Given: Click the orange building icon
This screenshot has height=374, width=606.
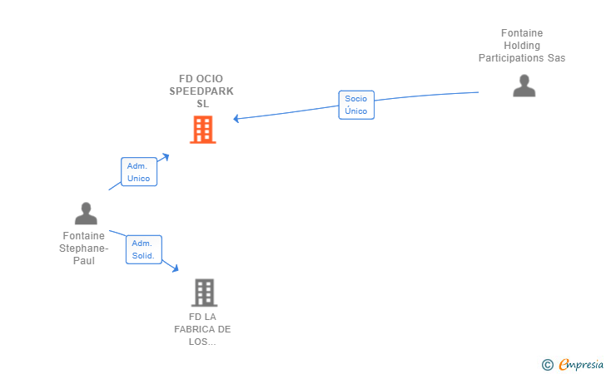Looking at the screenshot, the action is [x=203, y=130].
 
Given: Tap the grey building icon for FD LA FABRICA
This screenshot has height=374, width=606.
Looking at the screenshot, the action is [x=204, y=293].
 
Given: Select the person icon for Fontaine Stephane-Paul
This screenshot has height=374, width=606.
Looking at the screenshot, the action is [x=86, y=214].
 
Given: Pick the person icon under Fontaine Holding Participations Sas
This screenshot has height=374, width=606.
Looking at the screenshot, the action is [x=524, y=86].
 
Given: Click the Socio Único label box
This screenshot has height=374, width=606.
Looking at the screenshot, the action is [x=356, y=105].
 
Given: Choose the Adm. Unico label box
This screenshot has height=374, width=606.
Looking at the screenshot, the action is [x=139, y=172].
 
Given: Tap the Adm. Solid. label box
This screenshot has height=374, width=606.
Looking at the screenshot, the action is [x=144, y=249].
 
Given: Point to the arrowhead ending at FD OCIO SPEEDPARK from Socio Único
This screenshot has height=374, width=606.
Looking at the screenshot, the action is [x=236, y=119].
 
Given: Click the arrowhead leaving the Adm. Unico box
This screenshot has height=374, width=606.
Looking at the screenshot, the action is [x=166, y=157].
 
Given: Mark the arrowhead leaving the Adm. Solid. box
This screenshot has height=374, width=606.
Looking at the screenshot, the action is [x=175, y=268].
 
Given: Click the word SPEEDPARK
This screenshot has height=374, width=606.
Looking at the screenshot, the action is [x=201, y=91].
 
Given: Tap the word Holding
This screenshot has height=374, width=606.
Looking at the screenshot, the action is [x=522, y=46].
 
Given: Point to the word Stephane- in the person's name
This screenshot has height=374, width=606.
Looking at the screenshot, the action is [x=84, y=249].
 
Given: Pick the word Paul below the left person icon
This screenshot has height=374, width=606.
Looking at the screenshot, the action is [x=84, y=260].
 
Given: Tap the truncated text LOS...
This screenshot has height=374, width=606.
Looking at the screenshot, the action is [x=202, y=342].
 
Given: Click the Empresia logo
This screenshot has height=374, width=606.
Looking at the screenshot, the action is [x=581, y=364].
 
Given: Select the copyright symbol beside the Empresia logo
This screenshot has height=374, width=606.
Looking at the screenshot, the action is [x=548, y=365].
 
